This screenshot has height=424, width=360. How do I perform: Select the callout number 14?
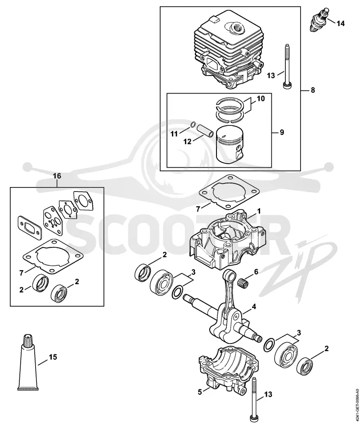(341, 24)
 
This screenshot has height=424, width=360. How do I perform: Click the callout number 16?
(57, 176)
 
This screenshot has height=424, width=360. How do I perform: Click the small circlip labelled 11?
(193, 125)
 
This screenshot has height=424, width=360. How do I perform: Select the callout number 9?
(282, 132)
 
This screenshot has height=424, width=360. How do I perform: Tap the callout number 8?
(313, 90)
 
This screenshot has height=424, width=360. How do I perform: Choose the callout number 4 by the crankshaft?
(254, 306)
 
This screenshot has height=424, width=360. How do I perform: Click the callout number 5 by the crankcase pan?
(200, 392)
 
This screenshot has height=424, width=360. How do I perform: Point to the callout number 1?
(259, 211)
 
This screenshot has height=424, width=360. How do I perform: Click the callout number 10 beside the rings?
(261, 98)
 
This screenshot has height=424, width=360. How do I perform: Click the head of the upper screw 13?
(286, 85)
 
